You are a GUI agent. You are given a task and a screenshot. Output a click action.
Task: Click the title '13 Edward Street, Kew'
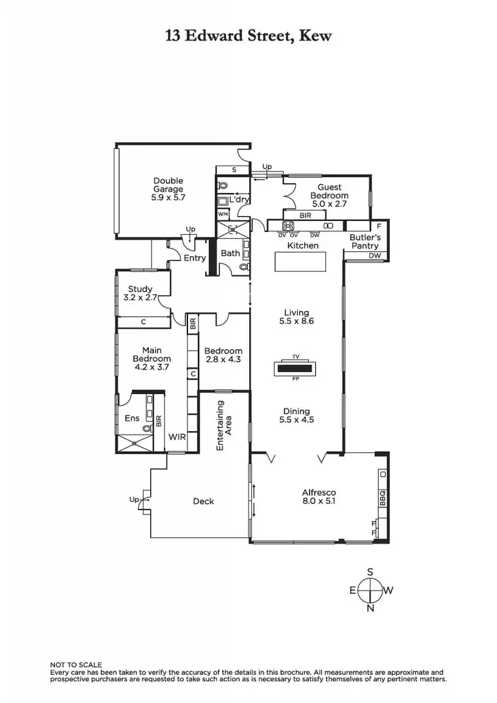click(248, 36)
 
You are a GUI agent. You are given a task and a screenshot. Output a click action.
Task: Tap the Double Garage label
click(168, 185)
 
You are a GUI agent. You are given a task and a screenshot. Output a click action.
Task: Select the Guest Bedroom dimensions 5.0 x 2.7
click(329, 204)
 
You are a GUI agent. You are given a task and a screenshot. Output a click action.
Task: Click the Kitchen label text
click(303, 245)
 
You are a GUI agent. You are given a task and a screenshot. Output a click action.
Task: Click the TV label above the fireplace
click(296, 357)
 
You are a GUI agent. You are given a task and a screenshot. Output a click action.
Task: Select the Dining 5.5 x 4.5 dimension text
click(297, 419)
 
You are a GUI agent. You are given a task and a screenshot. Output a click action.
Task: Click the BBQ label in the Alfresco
click(383, 497)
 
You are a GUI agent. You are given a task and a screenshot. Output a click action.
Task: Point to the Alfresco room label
click(319, 492)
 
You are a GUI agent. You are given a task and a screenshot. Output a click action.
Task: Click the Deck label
click(203, 501)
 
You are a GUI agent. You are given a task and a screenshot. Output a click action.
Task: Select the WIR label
click(177, 437)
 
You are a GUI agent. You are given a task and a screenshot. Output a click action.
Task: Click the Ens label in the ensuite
click(132, 418)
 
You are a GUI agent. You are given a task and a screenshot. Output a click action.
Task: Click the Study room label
click(140, 289)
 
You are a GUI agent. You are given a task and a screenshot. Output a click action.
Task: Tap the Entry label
click(195, 258)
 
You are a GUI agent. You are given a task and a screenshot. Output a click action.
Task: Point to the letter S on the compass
click(370, 571)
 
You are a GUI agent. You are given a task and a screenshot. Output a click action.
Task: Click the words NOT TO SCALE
click(76, 665)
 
